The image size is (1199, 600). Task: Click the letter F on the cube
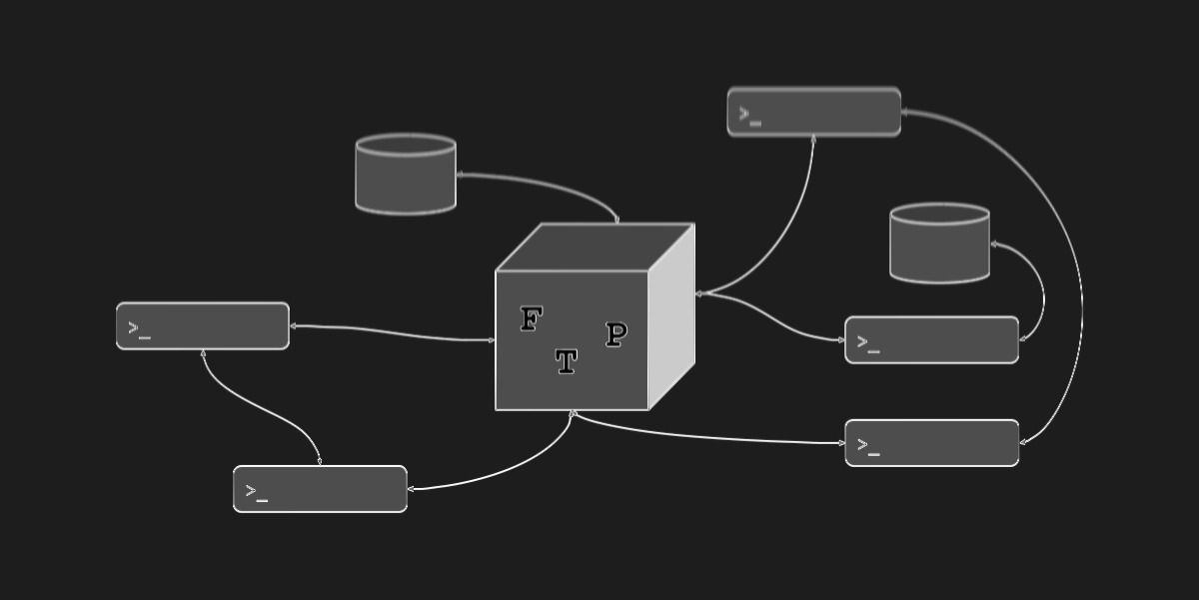531,320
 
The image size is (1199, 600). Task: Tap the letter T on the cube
566,362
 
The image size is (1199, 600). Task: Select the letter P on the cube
615,335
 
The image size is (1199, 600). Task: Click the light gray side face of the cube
671,316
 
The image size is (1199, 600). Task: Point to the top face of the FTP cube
595,246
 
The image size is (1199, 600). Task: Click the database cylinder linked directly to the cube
406,174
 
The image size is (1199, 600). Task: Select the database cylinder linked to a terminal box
939,244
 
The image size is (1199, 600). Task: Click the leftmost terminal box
203,326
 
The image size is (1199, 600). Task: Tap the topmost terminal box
814,112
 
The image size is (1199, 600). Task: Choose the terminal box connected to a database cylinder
931,340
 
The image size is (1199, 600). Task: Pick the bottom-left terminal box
320,489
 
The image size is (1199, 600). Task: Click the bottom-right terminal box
931,443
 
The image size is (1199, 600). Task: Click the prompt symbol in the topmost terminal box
749,115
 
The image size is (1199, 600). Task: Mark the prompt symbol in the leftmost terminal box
139,329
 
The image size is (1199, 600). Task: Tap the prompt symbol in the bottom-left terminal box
256,492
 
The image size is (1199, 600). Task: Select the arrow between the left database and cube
545,185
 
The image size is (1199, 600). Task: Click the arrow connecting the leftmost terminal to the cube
390,332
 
